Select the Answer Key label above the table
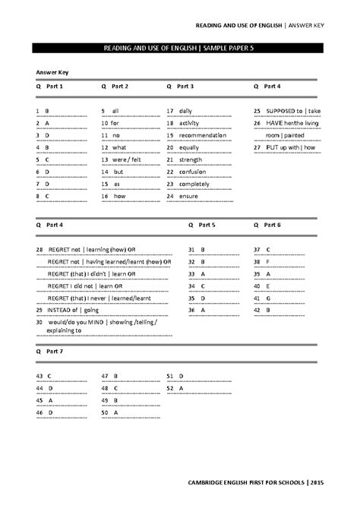coord(52,72)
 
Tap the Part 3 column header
coord(185,87)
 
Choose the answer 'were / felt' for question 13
coord(126,159)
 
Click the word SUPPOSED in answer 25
coord(280,111)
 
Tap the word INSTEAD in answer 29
coord(60,311)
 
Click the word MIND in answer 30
coord(96,322)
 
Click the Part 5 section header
coord(207,226)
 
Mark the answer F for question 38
coord(267,262)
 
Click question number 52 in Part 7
coord(170,388)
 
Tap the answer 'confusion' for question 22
coord(192,172)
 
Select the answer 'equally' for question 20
coord(188,147)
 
